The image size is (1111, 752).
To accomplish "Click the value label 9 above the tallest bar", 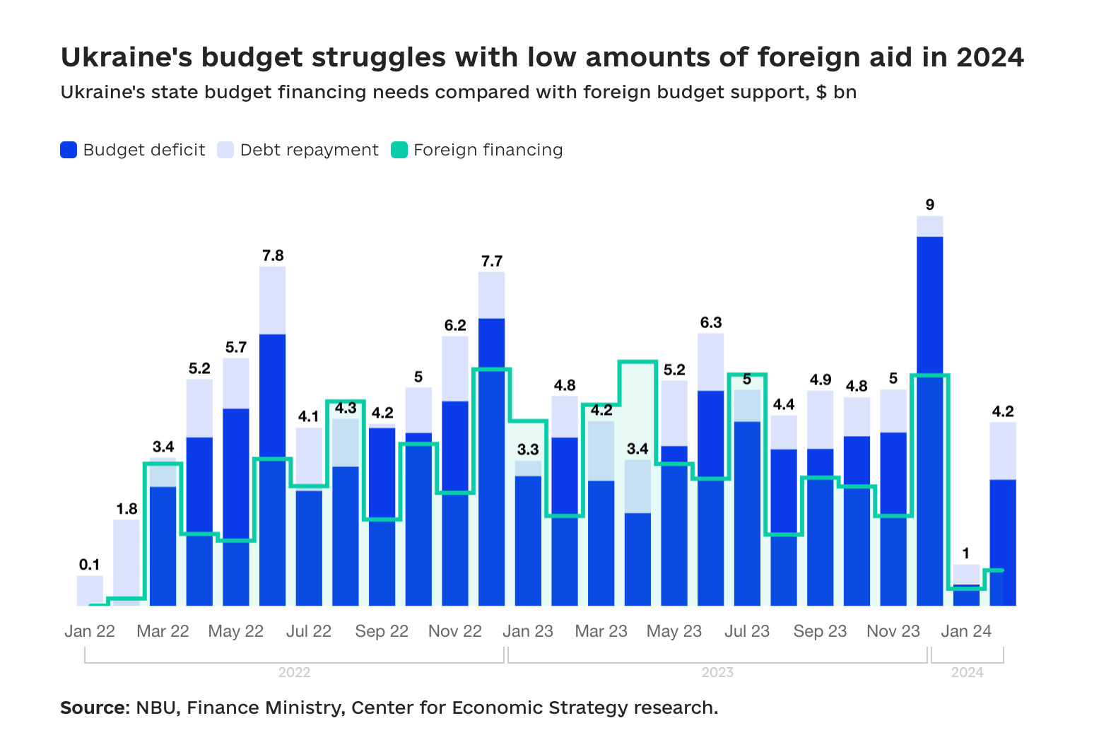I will tap(929, 205).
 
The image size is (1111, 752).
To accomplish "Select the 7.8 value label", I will tap(273, 256).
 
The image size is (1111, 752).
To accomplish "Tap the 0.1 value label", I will tap(90, 565).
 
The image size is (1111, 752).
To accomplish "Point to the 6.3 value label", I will tap(711, 323).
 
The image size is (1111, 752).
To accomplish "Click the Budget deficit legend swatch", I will tap(69, 150).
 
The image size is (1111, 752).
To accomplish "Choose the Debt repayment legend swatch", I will tap(225, 150).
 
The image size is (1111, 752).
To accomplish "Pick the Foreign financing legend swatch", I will tap(399, 150).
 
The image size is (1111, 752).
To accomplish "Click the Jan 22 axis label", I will tap(90, 631).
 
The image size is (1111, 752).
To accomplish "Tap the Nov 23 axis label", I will tap(893, 631).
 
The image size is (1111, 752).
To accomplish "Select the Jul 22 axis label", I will tap(309, 631).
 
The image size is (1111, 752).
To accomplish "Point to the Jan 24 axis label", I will tap(966, 631).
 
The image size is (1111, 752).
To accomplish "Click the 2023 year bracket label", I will tap(717, 672).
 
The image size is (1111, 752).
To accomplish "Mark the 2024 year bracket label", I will tap(967, 672).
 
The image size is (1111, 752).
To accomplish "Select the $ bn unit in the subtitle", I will tap(836, 93).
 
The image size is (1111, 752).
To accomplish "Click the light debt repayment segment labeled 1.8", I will tap(127, 558).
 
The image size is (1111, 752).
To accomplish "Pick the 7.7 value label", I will tap(492, 262).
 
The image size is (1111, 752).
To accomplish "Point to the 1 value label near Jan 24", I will tap(966, 553).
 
